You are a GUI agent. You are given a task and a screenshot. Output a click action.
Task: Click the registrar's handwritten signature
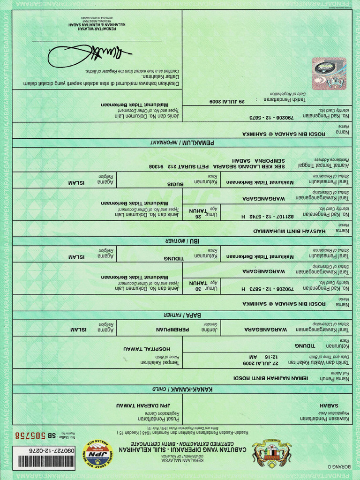(89, 55)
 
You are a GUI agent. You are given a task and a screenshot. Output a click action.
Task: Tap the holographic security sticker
(329, 74)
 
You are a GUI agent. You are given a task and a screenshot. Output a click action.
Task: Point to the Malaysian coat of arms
(271, 453)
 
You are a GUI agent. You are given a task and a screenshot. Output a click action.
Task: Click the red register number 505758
(30, 435)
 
